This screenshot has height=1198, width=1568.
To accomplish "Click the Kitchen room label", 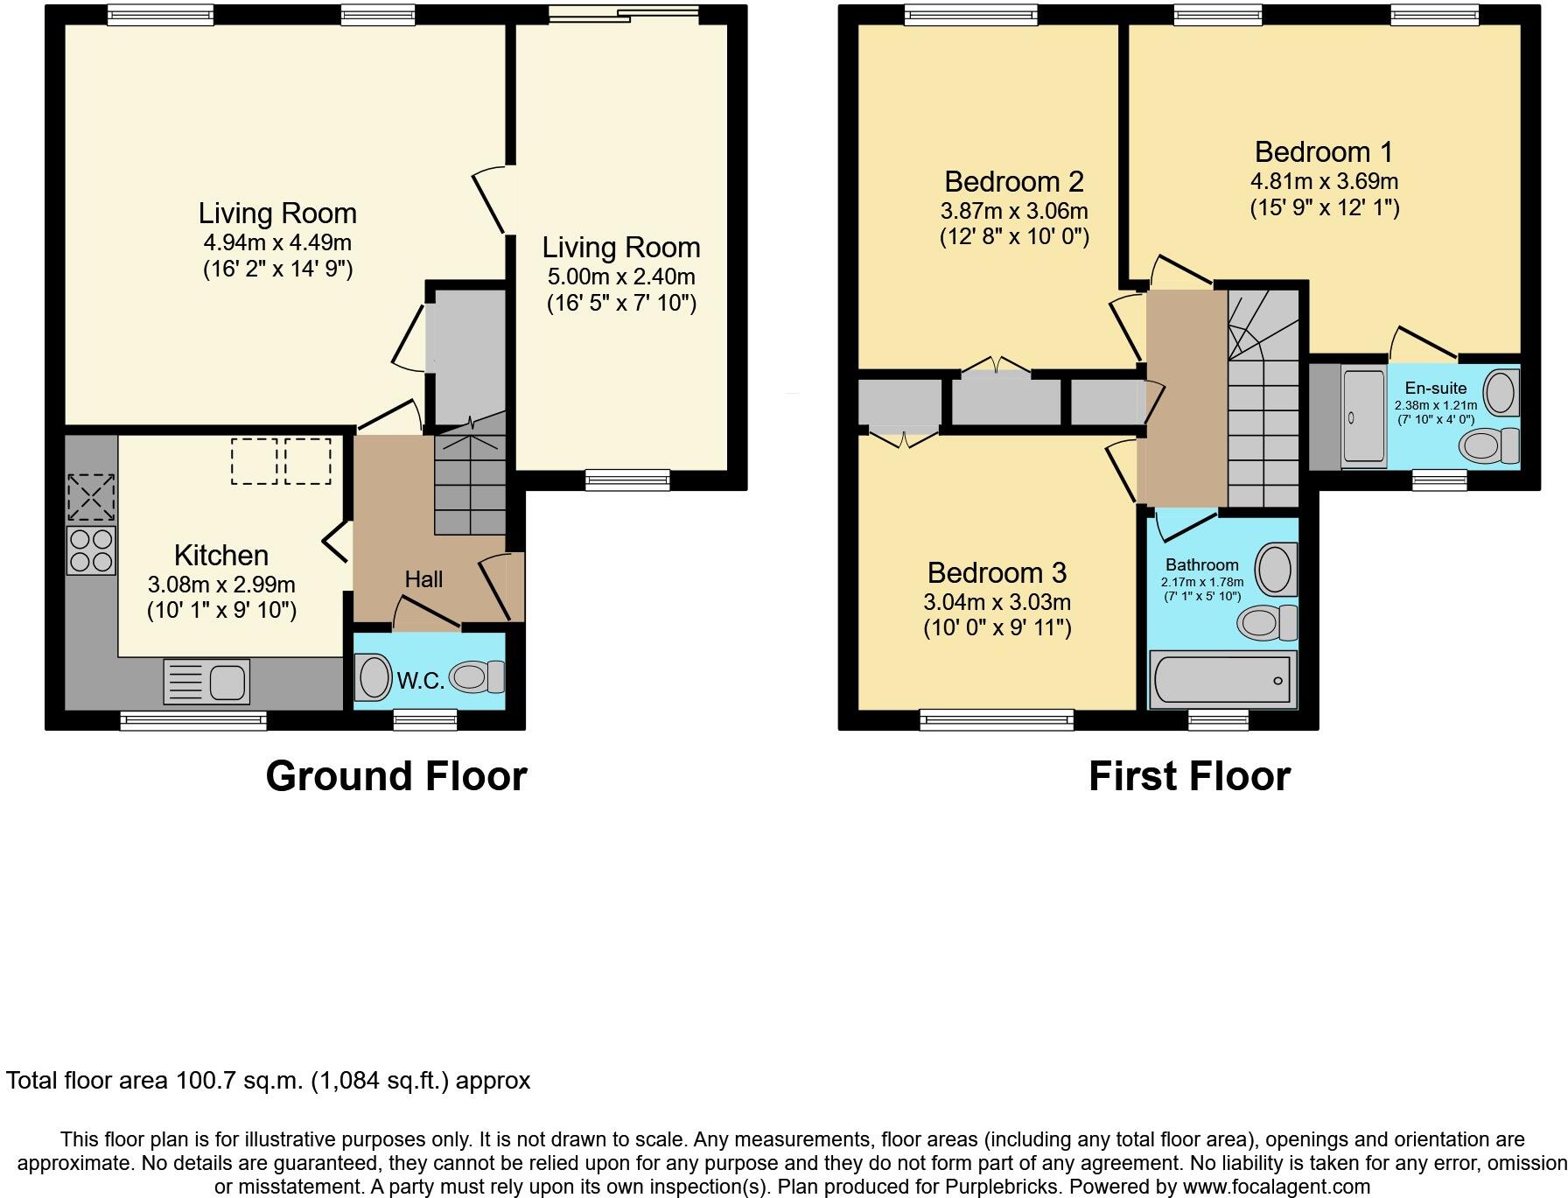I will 220,555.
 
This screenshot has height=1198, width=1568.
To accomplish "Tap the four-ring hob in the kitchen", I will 91,550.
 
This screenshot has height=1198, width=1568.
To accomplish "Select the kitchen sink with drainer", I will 206,681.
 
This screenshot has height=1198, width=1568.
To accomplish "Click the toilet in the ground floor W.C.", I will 477,676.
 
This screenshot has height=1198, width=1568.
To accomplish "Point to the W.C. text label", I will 421,681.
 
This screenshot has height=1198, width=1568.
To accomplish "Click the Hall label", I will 423,579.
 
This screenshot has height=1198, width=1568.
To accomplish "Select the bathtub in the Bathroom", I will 1222,679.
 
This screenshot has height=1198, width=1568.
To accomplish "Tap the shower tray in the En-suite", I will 1364,415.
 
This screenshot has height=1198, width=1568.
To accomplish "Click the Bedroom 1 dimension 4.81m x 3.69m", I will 1324,181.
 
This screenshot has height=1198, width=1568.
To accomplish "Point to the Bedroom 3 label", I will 997,572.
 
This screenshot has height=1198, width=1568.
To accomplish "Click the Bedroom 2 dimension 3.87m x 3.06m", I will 1014,211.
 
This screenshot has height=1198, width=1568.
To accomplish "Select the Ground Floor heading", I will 395,776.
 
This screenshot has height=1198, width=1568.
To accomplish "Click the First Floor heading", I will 1189,776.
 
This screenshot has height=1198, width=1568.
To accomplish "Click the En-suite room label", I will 1435,388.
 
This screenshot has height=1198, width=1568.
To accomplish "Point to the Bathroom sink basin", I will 1277,569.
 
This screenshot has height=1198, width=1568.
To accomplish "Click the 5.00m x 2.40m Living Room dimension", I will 621,277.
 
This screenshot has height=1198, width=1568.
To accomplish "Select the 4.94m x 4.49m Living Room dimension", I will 277,242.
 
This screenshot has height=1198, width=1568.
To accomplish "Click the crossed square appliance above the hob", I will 91,497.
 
